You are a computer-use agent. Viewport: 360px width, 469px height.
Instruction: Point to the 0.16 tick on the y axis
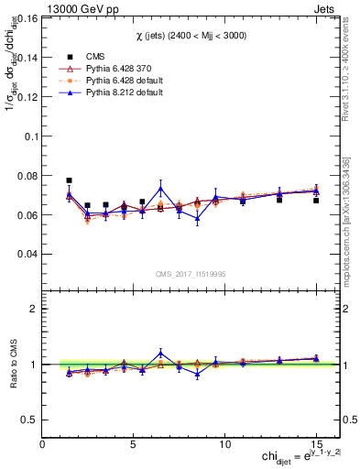pos(27,17)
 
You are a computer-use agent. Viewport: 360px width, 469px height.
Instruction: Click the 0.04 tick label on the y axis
pos(27,254)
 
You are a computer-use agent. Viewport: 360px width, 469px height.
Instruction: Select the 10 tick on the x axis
pos(225,444)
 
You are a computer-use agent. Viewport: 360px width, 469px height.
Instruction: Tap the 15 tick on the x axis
pos(316,444)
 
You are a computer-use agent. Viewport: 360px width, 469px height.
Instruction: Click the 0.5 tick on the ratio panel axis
pos(29,420)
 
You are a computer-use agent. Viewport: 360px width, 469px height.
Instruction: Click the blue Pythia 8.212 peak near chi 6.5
pos(160,189)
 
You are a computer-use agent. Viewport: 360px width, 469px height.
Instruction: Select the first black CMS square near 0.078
pos(70,180)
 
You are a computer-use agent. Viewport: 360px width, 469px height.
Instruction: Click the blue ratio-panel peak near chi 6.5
pos(160,353)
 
